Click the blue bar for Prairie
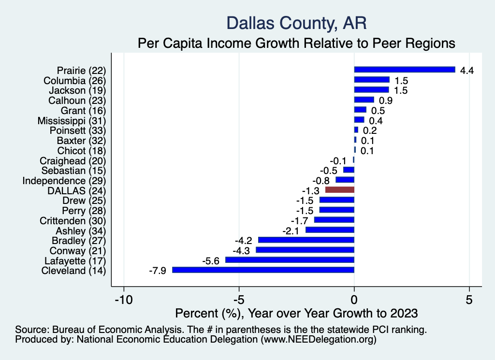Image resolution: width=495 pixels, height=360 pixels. pyautogui.click(x=405, y=70)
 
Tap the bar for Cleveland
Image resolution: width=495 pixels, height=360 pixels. pyautogui.click(x=263, y=270)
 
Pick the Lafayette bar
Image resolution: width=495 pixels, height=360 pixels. pyautogui.click(x=290, y=260)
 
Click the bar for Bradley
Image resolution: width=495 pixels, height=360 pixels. pyautogui.click(x=306, y=240)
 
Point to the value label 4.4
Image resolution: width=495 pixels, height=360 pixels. pyautogui.click(x=466, y=70)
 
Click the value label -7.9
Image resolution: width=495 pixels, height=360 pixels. pyautogui.click(x=158, y=271)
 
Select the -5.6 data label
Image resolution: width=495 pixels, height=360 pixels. pyautogui.click(x=211, y=260)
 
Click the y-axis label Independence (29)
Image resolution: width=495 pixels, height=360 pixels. pyautogui.click(x=64, y=180)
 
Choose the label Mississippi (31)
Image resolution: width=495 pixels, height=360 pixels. pyautogui.click(x=72, y=120)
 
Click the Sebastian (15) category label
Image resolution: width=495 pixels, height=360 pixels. pyautogui.click(x=73, y=171)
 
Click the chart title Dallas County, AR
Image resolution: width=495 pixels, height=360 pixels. pyautogui.click(x=296, y=23)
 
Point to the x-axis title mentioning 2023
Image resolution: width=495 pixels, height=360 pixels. pyautogui.click(x=296, y=314)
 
